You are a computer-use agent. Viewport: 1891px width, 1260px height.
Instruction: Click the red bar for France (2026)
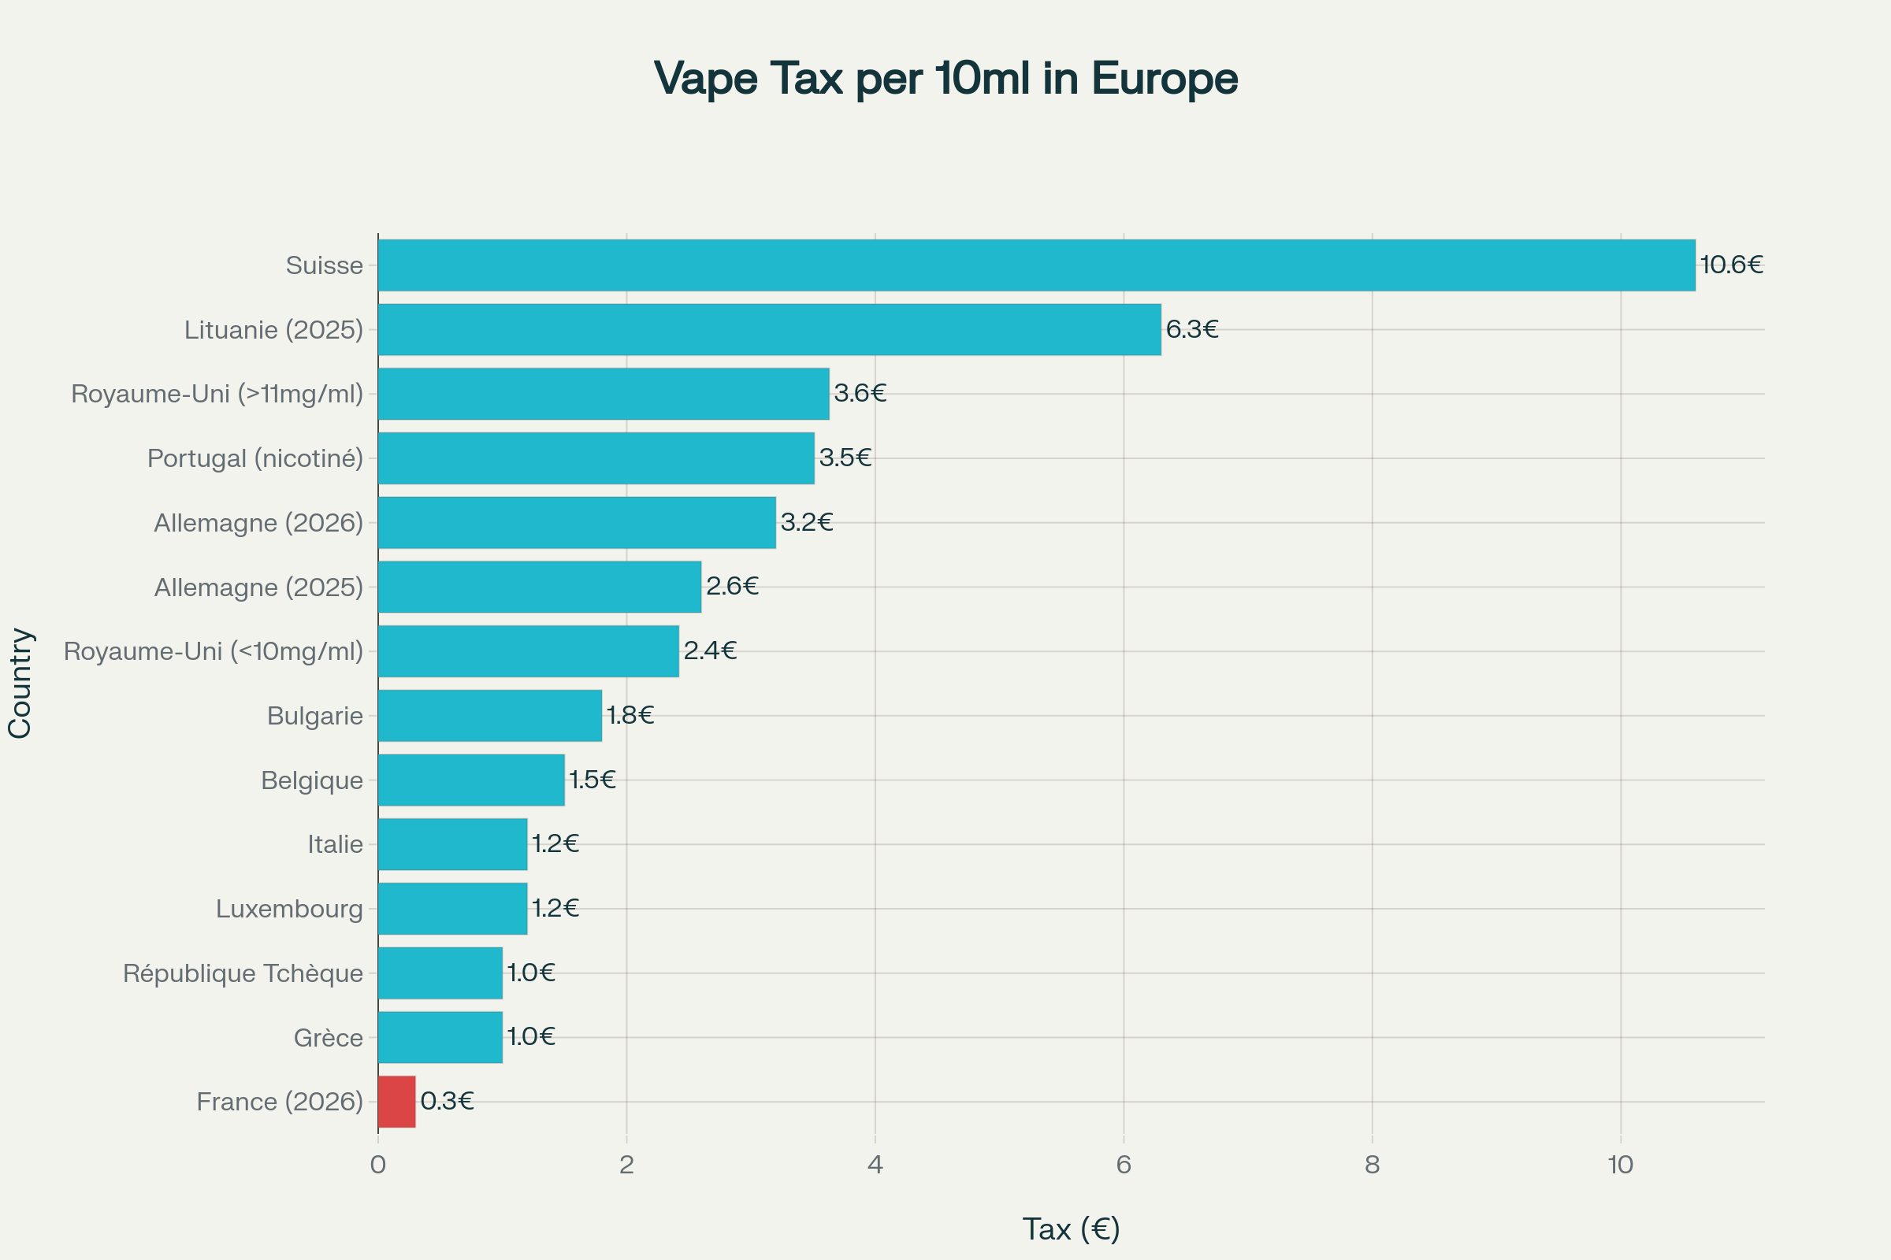click(x=396, y=1102)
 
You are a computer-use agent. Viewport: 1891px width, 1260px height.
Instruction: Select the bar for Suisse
click(x=1036, y=265)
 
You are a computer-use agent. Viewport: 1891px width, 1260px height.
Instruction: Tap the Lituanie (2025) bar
click(x=770, y=329)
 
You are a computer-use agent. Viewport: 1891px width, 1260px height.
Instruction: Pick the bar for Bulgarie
click(x=489, y=715)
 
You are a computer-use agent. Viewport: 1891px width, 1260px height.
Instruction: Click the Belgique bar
click(x=471, y=780)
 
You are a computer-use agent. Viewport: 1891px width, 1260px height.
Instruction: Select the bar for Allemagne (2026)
click(x=577, y=522)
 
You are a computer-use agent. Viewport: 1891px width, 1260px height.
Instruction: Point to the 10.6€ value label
click(x=1731, y=265)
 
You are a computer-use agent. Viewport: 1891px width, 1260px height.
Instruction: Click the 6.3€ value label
click(x=1191, y=328)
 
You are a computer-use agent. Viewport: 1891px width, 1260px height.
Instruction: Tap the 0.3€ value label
click(x=447, y=1101)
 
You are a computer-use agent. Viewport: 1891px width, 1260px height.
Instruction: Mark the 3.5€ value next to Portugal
click(x=845, y=458)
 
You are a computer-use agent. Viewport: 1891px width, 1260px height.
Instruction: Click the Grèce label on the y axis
click(x=328, y=1037)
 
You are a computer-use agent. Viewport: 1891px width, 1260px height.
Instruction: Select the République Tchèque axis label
click(x=243, y=973)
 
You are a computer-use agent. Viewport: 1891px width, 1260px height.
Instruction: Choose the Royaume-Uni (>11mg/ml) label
click(x=217, y=394)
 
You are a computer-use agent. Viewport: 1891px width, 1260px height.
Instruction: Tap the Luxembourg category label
click(x=289, y=909)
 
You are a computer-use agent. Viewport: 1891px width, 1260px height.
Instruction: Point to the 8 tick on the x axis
click(x=1372, y=1165)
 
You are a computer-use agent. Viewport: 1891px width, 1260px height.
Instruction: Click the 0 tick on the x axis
click(x=378, y=1165)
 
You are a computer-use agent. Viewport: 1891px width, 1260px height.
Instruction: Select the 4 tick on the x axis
click(x=875, y=1165)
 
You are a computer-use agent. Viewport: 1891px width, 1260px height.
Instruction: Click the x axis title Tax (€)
click(x=1071, y=1228)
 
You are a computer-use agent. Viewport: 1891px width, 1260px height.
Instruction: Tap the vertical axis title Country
click(x=20, y=683)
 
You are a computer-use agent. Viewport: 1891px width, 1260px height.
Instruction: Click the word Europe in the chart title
click(x=1165, y=79)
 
